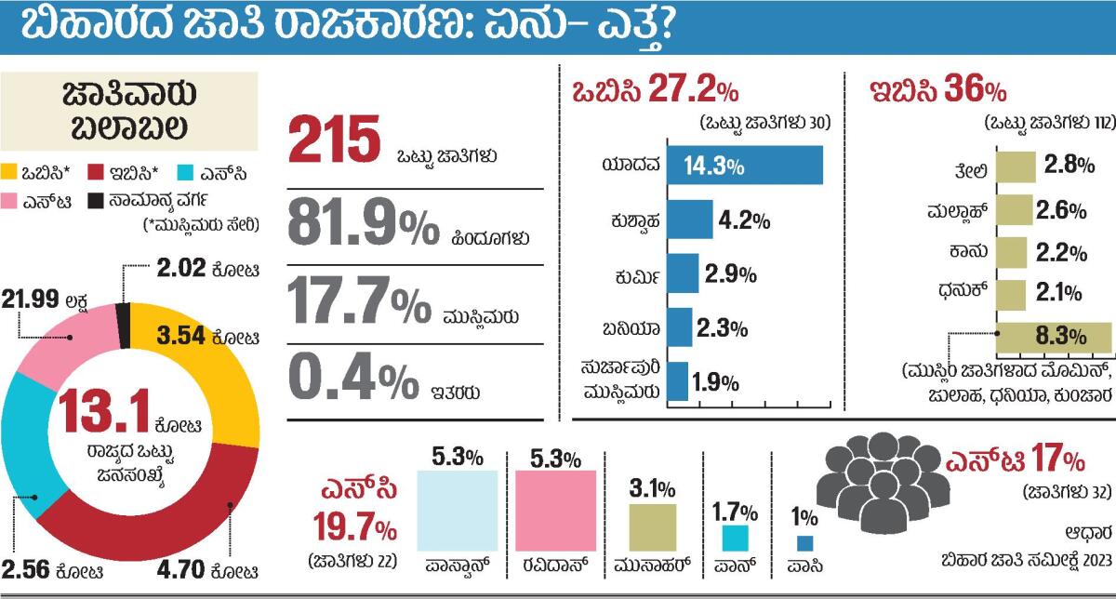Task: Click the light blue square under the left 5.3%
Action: point(456,510)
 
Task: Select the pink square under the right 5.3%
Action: point(555,510)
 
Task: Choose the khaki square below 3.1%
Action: point(653,527)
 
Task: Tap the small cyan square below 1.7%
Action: point(735,539)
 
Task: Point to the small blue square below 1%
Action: point(805,545)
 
